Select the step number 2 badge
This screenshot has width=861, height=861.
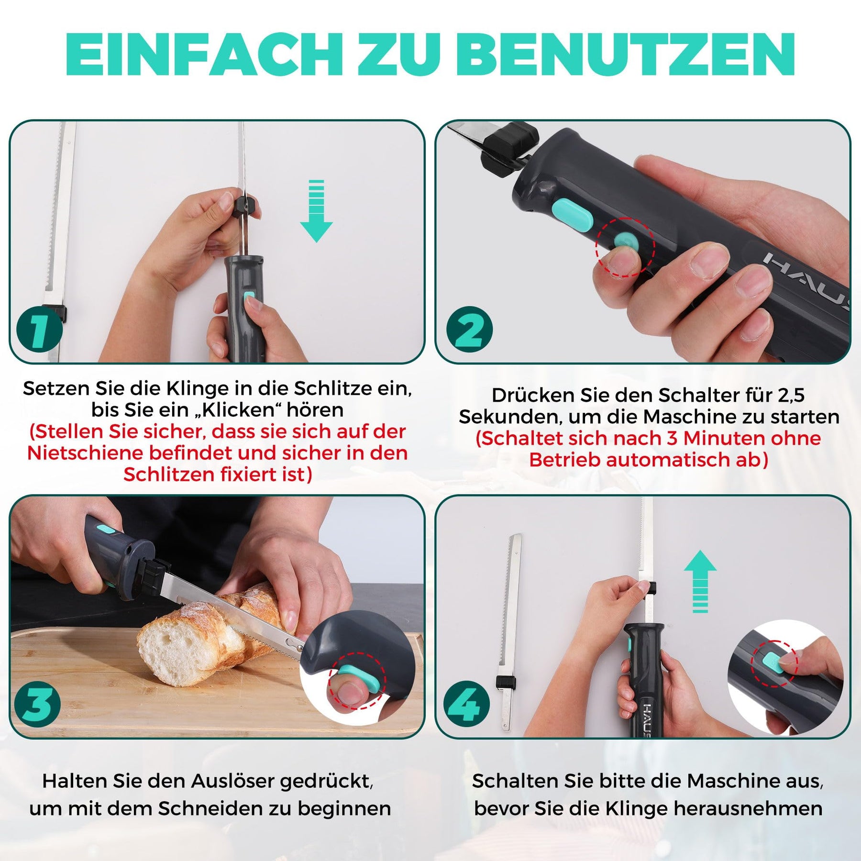point(470,330)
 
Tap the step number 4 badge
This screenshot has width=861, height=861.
point(466,704)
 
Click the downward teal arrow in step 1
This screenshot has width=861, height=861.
point(316,211)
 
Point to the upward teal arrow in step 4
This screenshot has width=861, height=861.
point(700,581)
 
